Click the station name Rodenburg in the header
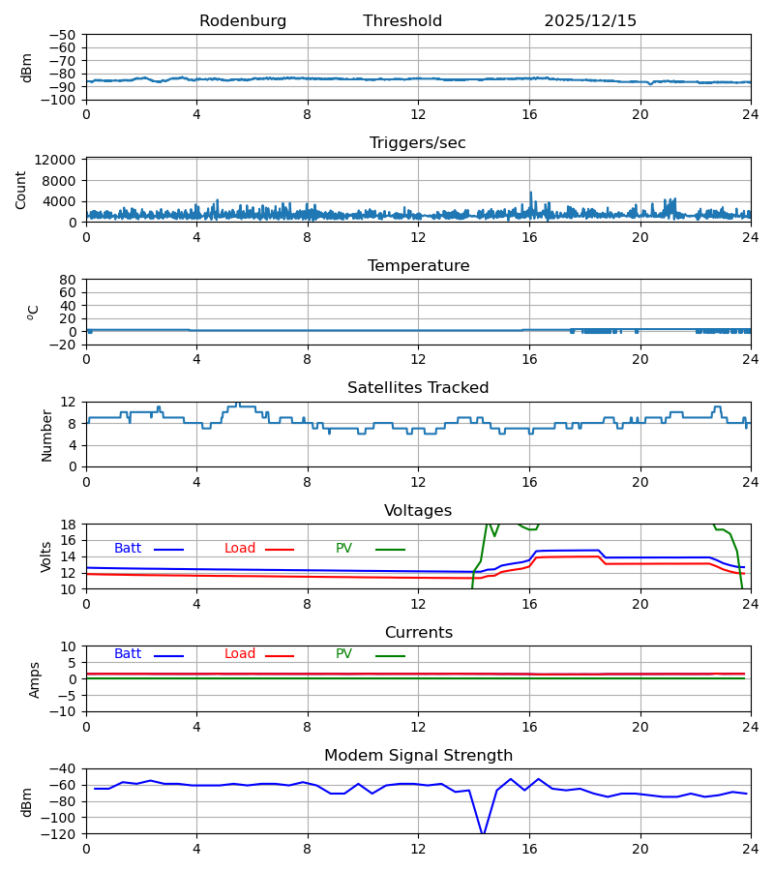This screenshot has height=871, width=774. click(x=243, y=21)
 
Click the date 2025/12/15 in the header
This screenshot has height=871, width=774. click(x=590, y=21)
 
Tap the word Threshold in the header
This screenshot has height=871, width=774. click(x=402, y=21)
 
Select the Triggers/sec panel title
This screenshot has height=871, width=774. click(x=418, y=143)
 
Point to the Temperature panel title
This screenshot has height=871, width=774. click(x=418, y=266)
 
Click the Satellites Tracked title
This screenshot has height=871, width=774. click(x=418, y=388)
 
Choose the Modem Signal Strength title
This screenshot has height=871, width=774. click(x=418, y=756)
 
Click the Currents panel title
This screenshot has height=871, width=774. click(x=418, y=633)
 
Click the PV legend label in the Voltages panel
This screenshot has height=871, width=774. click(x=343, y=549)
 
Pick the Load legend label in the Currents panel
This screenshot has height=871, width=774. click(x=240, y=654)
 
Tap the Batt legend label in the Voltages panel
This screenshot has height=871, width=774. click(x=128, y=549)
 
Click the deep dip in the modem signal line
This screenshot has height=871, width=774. click(x=483, y=832)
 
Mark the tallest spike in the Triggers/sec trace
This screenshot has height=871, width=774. click(x=530, y=193)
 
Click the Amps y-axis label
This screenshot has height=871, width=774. click(x=35, y=679)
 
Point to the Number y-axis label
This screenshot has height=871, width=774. click(x=47, y=435)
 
